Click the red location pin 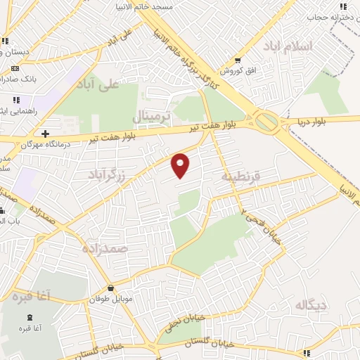181,165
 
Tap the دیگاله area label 312,304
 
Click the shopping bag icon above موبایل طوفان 111,288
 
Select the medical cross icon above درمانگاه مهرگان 45,133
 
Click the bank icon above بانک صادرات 15,68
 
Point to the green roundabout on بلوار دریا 267,122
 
